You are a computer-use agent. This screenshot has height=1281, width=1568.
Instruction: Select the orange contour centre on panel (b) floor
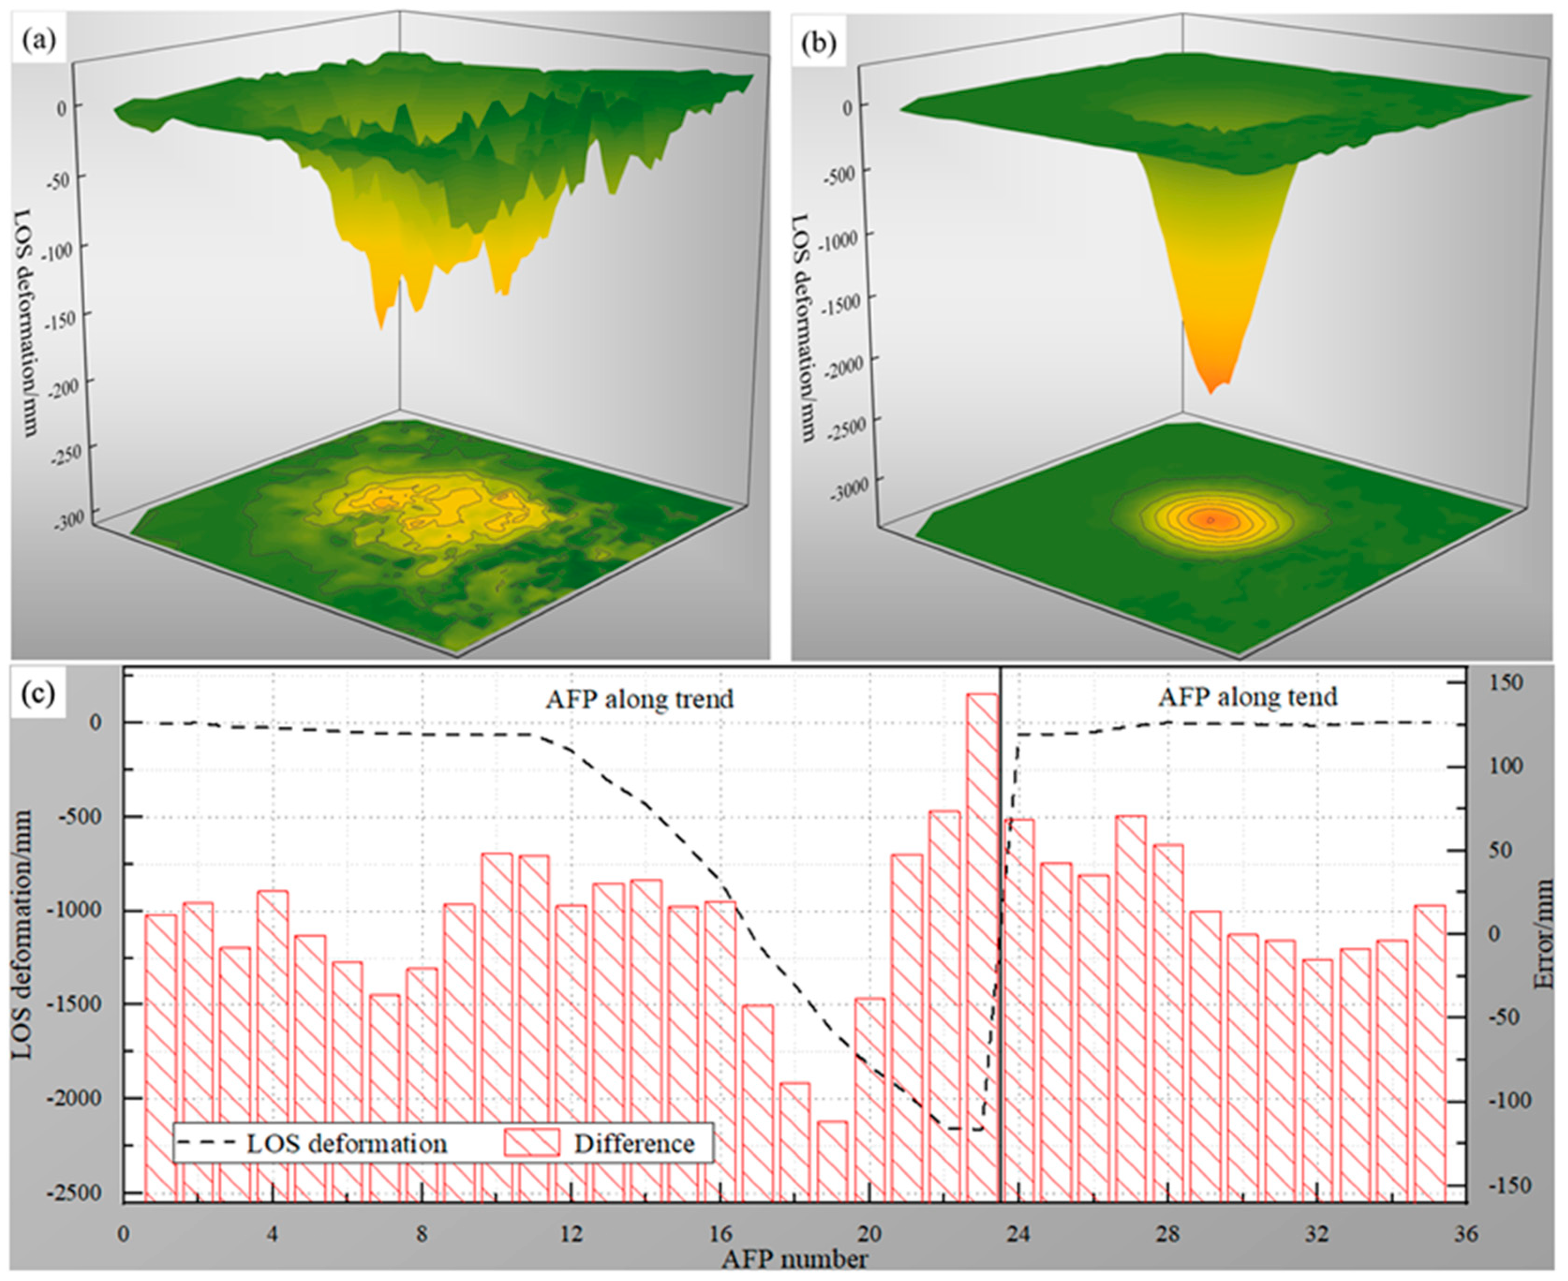click(x=1211, y=519)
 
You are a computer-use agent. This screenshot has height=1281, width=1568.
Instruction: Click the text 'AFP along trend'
click(x=639, y=699)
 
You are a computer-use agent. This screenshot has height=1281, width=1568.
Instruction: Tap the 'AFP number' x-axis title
click(x=795, y=1259)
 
